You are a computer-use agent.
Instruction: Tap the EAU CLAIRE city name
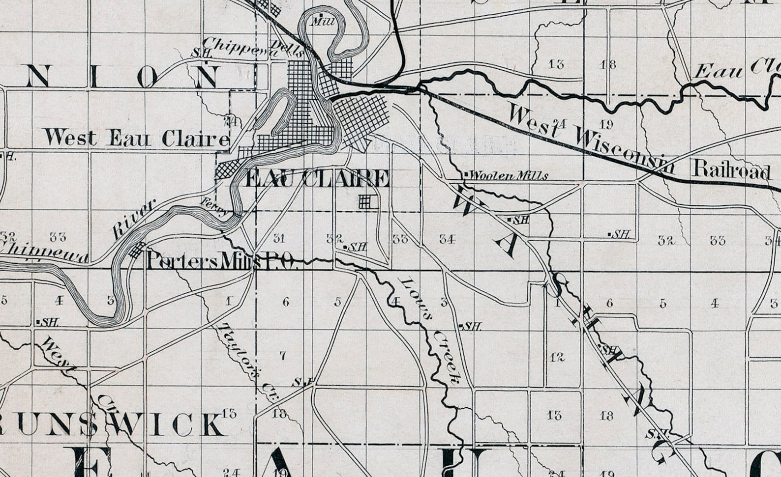(x=317, y=179)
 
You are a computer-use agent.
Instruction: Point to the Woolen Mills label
(x=509, y=175)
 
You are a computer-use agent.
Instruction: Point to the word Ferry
(x=214, y=207)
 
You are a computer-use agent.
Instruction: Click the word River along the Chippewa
(x=134, y=219)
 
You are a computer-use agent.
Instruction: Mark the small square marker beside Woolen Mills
(x=465, y=174)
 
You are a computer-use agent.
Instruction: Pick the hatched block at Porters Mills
(x=138, y=250)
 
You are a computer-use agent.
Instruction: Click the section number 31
(x=279, y=239)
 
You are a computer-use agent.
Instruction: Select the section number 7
(x=283, y=355)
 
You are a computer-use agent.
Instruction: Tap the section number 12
(x=557, y=357)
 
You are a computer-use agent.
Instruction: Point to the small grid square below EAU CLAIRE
(x=364, y=201)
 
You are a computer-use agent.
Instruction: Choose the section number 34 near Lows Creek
(x=447, y=239)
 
